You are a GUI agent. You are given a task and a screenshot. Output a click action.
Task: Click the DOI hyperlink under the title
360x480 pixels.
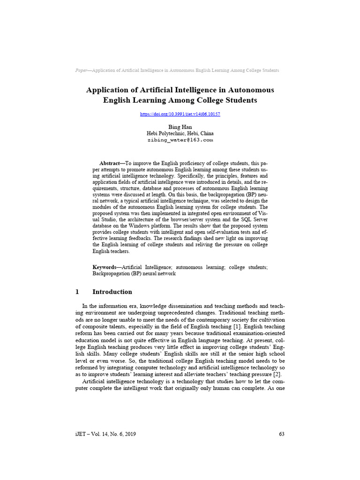(180, 114)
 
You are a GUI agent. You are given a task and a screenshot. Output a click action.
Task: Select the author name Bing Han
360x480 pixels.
(180, 127)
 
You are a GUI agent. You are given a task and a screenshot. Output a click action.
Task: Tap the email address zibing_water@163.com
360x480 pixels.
(180, 140)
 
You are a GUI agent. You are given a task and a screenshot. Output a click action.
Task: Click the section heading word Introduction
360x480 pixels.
(112, 292)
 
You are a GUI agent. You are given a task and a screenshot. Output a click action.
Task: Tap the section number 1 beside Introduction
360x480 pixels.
(77, 292)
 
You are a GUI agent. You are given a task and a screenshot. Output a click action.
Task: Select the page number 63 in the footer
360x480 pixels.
(281, 434)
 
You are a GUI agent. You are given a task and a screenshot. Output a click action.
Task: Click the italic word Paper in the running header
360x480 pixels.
(82, 70)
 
